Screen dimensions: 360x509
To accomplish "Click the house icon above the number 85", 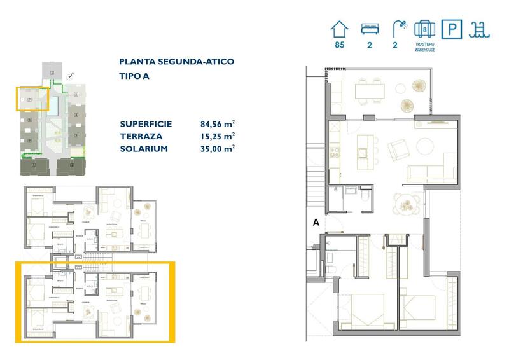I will click(340, 29).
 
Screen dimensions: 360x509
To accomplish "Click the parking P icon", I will click(452, 29).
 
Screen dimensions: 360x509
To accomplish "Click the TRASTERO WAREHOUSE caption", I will click(424, 47).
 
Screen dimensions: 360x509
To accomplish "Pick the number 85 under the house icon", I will click(339, 45).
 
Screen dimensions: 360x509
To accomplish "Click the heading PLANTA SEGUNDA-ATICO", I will click(176, 62).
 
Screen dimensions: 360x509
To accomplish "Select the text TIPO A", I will click(134, 76).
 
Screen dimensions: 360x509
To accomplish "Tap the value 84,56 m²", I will click(217, 124).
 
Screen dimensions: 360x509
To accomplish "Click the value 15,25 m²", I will click(217, 136).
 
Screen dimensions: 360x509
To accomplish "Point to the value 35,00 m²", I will click(217, 148).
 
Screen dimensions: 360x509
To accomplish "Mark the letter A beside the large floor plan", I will click(316, 223).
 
